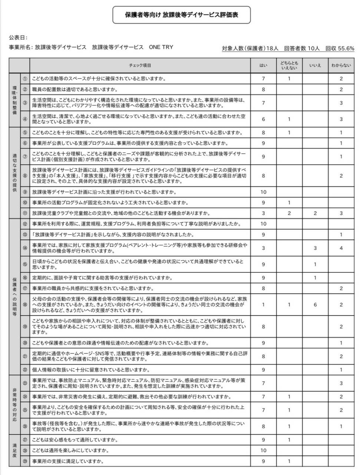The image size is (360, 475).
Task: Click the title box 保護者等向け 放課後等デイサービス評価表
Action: coord(181,15)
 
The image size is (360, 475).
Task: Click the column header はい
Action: coord(263,66)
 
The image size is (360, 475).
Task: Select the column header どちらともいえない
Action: coord(289,66)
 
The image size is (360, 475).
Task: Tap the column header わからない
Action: coord(341,66)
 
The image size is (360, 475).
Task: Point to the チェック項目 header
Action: coord(140,66)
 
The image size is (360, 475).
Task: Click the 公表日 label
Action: coord(18,37)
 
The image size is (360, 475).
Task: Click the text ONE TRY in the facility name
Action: coord(161,47)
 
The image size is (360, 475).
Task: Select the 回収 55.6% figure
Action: coord(340,48)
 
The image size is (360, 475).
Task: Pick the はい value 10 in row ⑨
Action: coord(263,192)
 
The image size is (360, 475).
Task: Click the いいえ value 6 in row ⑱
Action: coord(315,305)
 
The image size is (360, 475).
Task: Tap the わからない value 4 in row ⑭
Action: coord(341,248)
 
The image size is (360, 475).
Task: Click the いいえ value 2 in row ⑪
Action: coord(315,213)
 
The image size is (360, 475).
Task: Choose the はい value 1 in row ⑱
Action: coord(263,305)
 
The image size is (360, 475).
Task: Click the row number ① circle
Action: coord(25,79)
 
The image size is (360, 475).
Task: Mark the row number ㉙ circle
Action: coord(25,461)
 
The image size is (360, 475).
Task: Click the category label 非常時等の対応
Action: coord(14,404)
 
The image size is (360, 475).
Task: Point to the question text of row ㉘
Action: coord(70,451)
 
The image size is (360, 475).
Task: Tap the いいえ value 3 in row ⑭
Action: coord(315,248)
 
